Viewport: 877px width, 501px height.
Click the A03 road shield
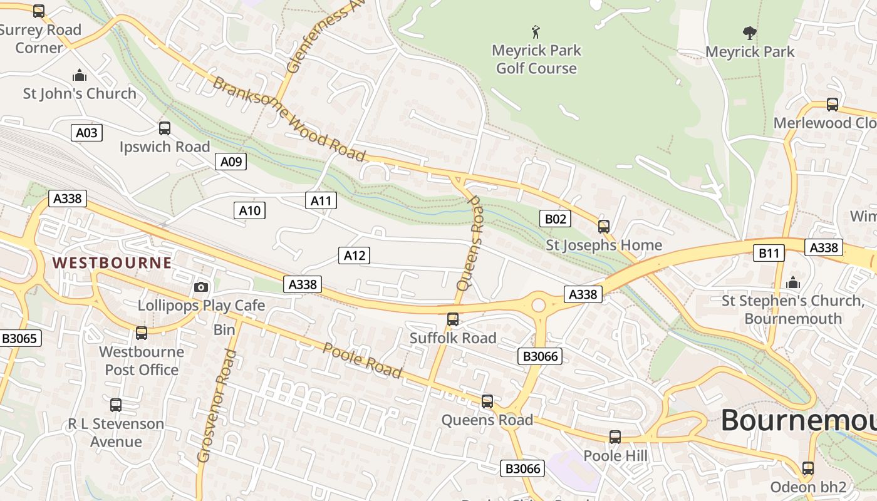(86, 133)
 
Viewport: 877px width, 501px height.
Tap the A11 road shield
(321, 200)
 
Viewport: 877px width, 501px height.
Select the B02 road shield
(556, 219)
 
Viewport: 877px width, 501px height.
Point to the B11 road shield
(768, 253)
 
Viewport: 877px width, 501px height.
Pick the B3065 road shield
(21, 339)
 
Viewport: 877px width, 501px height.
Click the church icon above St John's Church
(80, 76)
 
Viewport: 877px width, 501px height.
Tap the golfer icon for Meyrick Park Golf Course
(536, 32)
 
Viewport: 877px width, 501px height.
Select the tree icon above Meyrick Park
(749, 33)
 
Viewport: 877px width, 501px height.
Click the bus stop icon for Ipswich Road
(165, 128)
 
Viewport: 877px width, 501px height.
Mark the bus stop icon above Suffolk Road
(453, 319)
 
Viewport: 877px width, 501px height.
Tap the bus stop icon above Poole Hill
(615, 437)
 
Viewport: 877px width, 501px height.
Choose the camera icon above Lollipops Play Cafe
(201, 287)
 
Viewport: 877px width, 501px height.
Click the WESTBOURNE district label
(112, 262)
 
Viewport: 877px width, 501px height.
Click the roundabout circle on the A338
(539, 306)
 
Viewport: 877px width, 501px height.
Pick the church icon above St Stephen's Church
(793, 282)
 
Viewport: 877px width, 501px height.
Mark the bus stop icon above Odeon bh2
(808, 468)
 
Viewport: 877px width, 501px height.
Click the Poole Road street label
(363, 361)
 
